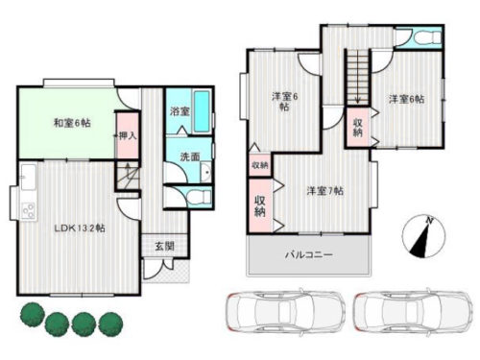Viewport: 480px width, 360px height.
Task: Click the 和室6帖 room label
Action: [x=72, y=123]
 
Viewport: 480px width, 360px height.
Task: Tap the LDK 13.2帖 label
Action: [x=80, y=228]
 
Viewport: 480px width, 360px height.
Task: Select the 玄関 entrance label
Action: [x=165, y=246]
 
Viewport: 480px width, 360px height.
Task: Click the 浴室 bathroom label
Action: [x=180, y=111]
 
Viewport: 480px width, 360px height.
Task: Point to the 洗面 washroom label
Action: [x=190, y=156]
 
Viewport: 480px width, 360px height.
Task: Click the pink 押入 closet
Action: [x=128, y=135]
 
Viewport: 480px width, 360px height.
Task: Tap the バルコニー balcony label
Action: [x=309, y=255]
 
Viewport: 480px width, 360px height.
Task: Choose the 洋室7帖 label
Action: [x=325, y=191]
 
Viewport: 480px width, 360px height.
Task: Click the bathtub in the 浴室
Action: [x=202, y=111]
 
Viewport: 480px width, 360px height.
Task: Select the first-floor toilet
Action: [x=198, y=197]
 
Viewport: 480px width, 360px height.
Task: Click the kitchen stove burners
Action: [x=29, y=211]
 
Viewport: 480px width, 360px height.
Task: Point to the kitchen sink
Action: [x=29, y=177]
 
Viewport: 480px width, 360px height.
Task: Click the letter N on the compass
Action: [x=430, y=221]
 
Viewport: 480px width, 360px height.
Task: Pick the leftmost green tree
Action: [x=33, y=315]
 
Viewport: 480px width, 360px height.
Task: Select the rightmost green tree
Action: [x=110, y=324]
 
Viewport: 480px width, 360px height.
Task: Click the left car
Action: [x=285, y=311]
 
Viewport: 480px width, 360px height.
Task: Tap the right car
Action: [x=413, y=311]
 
